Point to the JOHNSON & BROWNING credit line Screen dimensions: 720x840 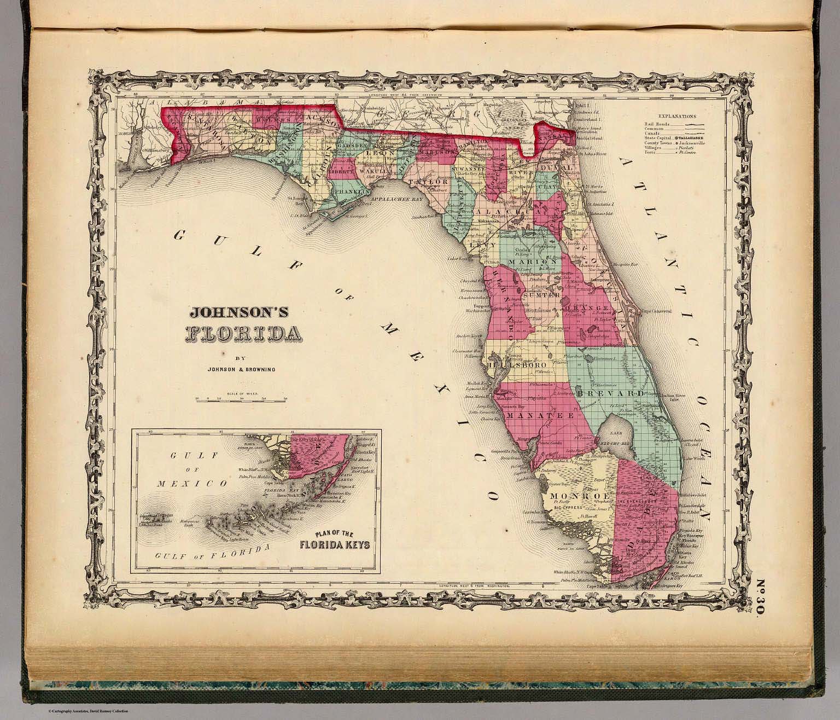241,369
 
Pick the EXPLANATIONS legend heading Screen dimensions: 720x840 677,117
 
